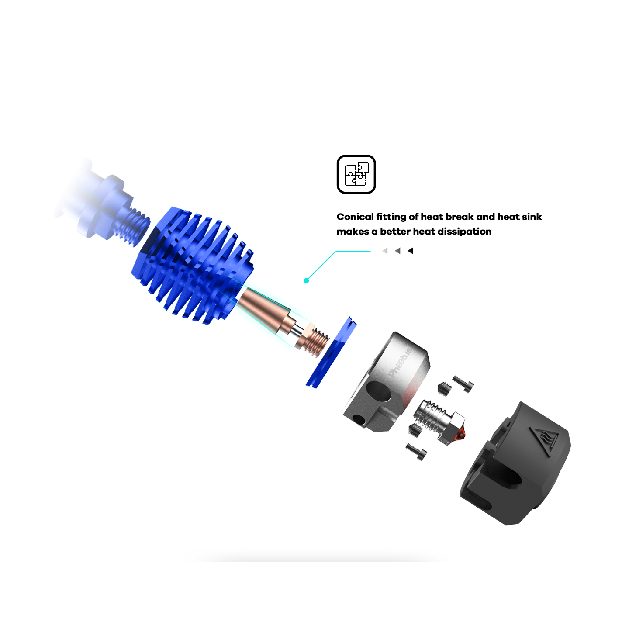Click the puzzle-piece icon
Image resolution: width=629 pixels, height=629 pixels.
pyautogui.click(x=356, y=174)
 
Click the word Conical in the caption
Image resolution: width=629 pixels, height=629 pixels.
pyautogui.click(x=355, y=217)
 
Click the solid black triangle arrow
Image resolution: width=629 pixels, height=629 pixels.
pyautogui.click(x=411, y=251)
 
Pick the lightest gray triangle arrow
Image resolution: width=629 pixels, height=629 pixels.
pyautogui.click(x=385, y=251)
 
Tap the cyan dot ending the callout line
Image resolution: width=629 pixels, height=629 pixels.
pyautogui.click(x=306, y=280)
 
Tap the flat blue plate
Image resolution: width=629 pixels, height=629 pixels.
pyautogui.click(x=331, y=352)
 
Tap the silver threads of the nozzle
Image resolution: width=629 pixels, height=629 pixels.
pyautogui.click(x=430, y=414)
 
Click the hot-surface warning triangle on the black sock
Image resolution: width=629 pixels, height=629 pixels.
pyautogui.click(x=543, y=439)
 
